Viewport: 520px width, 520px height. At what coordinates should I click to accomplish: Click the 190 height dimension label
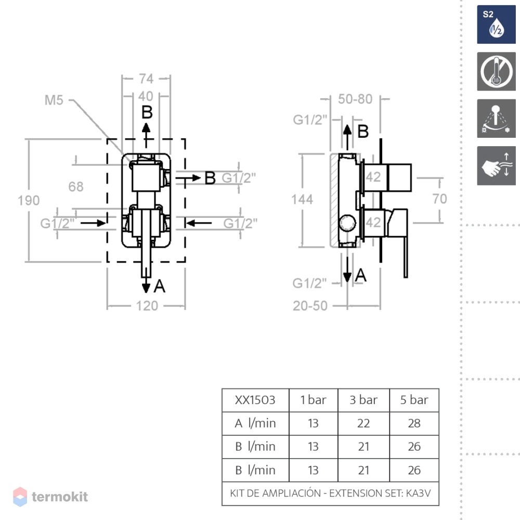tap(29, 200)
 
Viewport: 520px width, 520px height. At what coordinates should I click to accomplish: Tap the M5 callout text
tap(54, 100)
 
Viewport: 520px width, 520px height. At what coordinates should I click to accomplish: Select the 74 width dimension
tap(146, 79)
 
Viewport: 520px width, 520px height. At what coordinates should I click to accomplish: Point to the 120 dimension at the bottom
tap(147, 306)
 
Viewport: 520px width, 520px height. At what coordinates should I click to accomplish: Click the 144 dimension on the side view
tap(302, 199)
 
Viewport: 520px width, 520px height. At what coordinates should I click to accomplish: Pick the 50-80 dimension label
tap(355, 99)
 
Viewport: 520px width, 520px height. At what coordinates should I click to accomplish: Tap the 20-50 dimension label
tap(310, 306)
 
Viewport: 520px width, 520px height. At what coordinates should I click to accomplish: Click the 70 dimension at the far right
tap(440, 199)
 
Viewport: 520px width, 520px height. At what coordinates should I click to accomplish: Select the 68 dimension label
tap(76, 187)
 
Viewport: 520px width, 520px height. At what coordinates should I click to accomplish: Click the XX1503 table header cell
tap(255, 400)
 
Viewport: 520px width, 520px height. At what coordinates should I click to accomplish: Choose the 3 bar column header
tap(363, 400)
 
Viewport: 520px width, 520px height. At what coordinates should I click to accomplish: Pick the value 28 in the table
tap(414, 423)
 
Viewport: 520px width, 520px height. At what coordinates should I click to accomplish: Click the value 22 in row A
tap(363, 423)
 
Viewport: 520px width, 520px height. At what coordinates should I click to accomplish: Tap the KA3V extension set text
tap(418, 493)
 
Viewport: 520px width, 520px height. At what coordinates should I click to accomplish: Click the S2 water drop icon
tap(496, 24)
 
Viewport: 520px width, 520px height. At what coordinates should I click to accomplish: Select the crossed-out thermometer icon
tap(496, 71)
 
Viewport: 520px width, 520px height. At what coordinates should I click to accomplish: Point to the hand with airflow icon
tap(496, 165)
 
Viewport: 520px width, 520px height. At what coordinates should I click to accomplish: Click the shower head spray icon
tap(496, 119)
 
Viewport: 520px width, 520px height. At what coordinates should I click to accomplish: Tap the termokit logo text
tap(60, 497)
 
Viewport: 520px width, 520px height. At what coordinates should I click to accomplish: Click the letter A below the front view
tap(160, 286)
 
